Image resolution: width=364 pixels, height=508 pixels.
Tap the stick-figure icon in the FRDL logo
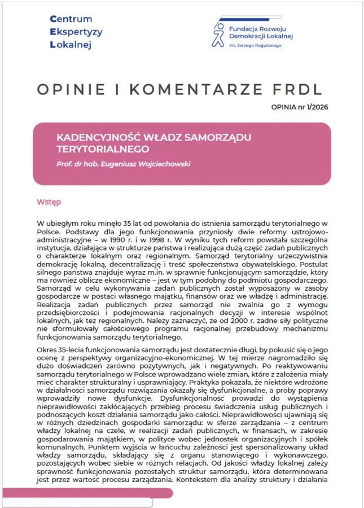218,34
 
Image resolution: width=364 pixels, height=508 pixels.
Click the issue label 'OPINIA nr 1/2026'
301,106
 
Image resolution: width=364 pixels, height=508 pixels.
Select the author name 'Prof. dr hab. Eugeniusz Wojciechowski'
122,164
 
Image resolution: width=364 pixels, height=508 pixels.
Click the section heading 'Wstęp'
49,202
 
